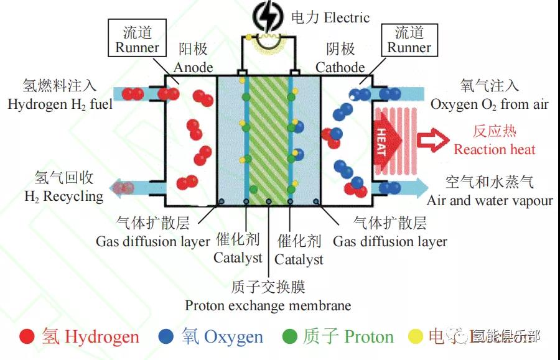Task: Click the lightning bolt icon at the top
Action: point(268,17)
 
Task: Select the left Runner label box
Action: point(138,39)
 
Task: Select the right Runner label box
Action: point(409,39)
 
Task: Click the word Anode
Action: point(193,67)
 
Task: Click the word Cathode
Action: point(340,67)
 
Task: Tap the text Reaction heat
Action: point(494,149)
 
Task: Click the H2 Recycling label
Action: point(63,196)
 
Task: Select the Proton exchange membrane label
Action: point(268,306)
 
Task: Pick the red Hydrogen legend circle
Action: point(27,336)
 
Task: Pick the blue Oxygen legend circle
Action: point(166,336)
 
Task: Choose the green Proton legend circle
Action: point(289,336)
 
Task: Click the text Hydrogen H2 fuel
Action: point(60,104)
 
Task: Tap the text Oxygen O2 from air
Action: point(489,104)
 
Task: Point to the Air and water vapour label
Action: point(489,201)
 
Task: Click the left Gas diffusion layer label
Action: point(152,241)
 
